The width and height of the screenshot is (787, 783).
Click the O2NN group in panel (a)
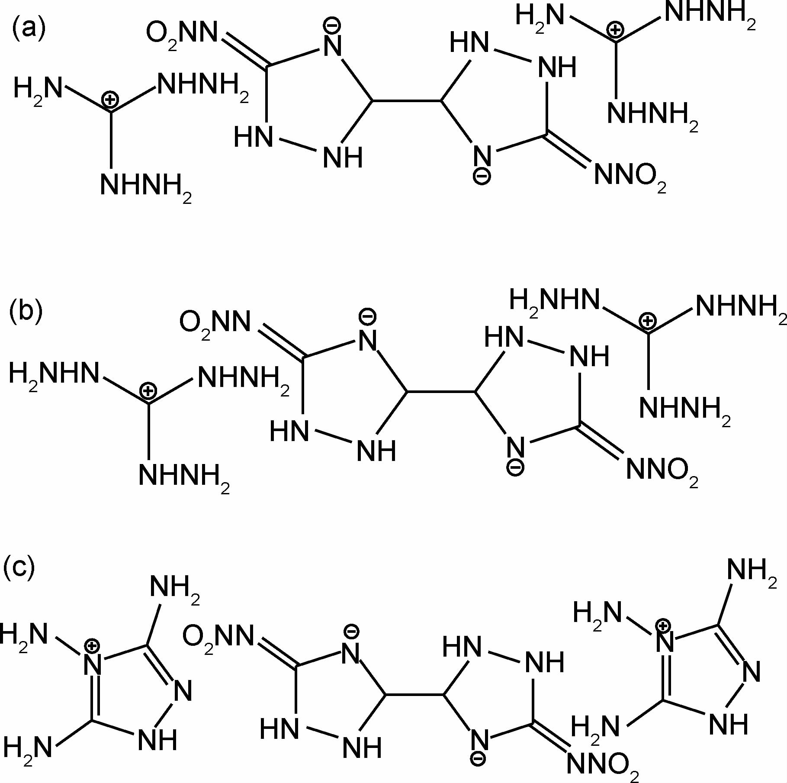(182, 34)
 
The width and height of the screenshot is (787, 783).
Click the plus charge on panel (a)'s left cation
(110, 100)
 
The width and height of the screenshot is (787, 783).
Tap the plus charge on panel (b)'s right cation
(647, 321)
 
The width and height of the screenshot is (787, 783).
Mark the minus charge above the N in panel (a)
(332, 25)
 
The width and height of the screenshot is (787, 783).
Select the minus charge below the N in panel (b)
(515, 468)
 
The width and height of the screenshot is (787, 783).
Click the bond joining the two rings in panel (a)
(407, 101)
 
